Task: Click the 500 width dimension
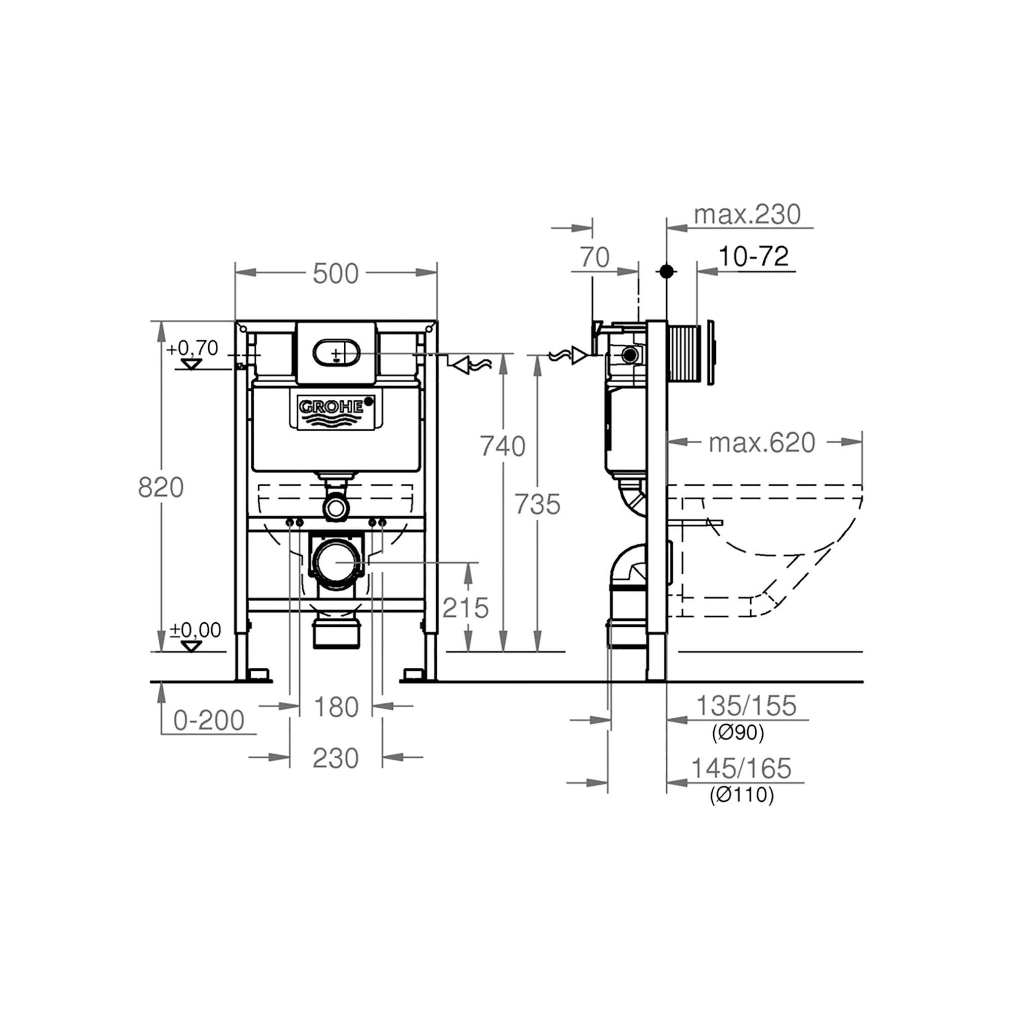pos(336,273)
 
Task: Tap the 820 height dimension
pos(161,488)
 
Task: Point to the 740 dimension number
pos(503,446)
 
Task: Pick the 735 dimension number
pos(537,505)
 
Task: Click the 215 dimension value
pos(465,608)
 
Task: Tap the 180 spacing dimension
pos(336,708)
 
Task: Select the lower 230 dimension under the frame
pos(336,758)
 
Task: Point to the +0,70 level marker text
pos(192,348)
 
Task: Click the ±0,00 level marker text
pos(195,630)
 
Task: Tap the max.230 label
pos(747,214)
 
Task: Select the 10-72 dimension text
pos(753,257)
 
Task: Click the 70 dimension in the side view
pos(595,257)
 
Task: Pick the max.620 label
pos(761,443)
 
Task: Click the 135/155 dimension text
pos(746,705)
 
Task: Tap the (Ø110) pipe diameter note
pos(742,795)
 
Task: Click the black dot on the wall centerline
pos(666,271)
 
